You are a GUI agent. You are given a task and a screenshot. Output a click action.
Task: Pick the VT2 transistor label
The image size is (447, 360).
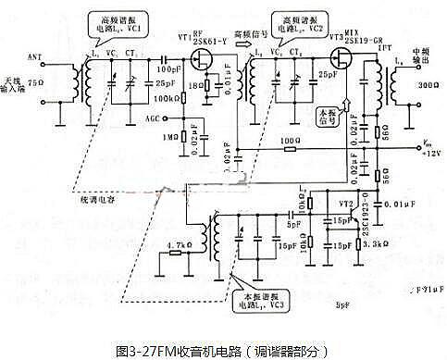pos(346,202)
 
